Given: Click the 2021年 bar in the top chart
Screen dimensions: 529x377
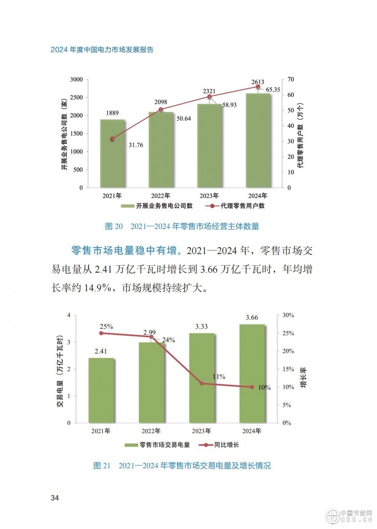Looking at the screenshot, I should [112, 153].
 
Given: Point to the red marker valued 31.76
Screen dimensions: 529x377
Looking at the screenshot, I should [112, 139].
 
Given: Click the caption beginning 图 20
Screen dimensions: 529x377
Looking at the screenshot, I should [181, 226].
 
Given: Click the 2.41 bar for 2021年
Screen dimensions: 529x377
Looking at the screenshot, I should [101, 390].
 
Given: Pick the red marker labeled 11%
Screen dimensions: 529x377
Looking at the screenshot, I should [202, 383].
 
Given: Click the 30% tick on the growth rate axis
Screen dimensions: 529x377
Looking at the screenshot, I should [288, 315].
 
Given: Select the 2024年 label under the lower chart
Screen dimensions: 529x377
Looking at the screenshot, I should [252, 431].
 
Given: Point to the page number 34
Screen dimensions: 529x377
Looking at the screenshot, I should [55, 498].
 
